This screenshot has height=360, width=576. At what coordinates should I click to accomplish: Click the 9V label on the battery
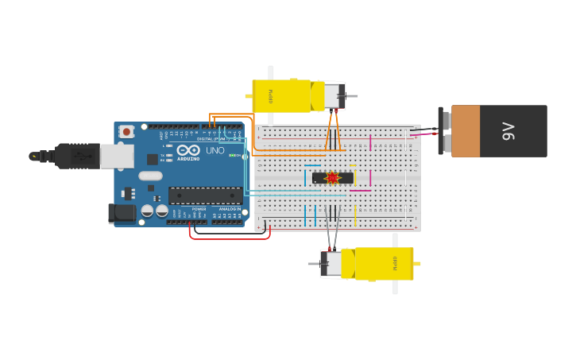[x=508, y=131]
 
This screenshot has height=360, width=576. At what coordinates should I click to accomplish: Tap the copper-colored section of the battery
[x=465, y=131]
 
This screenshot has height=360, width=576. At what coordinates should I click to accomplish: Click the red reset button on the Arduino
[x=126, y=132]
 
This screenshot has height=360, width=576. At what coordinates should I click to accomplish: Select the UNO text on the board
[x=215, y=150]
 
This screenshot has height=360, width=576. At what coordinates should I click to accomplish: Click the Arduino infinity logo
[x=188, y=149]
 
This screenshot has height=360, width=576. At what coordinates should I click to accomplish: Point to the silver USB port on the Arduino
[x=117, y=156]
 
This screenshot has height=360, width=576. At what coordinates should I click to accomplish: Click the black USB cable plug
[x=77, y=157]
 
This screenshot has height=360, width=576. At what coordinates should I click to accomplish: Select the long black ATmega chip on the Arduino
[x=205, y=195]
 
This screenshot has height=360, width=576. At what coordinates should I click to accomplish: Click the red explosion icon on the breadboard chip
[x=332, y=178]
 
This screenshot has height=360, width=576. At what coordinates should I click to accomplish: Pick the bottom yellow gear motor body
[x=385, y=263]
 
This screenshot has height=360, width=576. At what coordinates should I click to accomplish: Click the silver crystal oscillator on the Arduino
[x=149, y=176]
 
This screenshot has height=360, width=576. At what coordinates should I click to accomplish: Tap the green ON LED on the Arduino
[x=231, y=155]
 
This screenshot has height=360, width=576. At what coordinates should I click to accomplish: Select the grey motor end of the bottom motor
[x=331, y=264]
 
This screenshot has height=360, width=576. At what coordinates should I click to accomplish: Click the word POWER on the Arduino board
[x=199, y=209]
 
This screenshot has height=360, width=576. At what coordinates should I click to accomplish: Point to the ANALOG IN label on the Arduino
[x=230, y=209]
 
